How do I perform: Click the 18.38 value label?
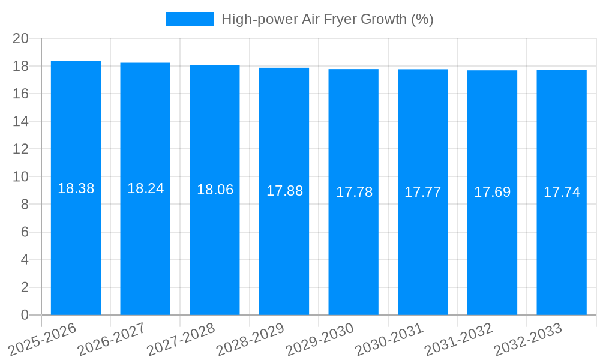(x=76, y=188)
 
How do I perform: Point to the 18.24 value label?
(x=145, y=188)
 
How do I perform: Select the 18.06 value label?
(x=215, y=190)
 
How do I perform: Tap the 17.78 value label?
(x=354, y=192)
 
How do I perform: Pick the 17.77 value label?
(x=422, y=192)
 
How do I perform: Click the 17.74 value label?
(x=562, y=192)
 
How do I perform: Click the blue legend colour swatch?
(x=190, y=19)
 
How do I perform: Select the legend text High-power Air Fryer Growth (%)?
(x=327, y=19)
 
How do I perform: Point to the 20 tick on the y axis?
(x=21, y=38)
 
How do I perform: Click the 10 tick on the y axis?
(x=21, y=177)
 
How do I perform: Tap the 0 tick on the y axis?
(x=25, y=315)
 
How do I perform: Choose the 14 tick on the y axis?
(x=21, y=121)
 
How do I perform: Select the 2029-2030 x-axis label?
(x=319, y=340)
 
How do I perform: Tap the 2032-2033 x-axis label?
(x=527, y=340)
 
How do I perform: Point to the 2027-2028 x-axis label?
(x=181, y=340)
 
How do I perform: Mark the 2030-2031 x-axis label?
(x=389, y=340)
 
